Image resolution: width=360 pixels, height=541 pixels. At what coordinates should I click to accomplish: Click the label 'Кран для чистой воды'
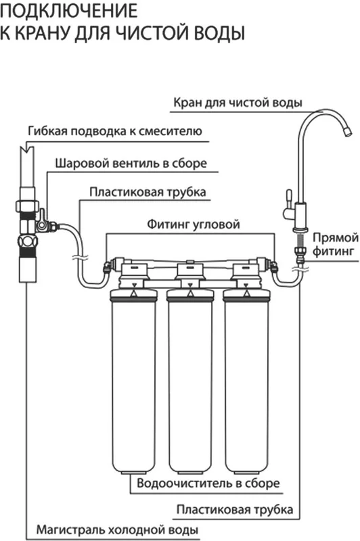pyautogui.click(x=238, y=103)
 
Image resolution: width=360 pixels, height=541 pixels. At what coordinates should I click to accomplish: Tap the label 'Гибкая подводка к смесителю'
pyautogui.click(x=115, y=131)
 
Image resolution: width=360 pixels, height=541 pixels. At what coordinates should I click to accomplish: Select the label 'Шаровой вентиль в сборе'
pyautogui.click(x=131, y=163)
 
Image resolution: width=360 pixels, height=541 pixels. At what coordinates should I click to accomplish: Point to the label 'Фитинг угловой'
pyautogui.click(x=194, y=225)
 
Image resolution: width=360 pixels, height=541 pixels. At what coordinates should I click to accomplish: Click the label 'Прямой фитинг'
pyautogui.click(x=336, y=244)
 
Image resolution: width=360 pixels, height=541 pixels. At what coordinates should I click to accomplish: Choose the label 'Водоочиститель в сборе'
pyautogui.click(x=208, y=483)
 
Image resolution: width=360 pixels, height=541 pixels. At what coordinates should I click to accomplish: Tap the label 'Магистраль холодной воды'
pyautogui.click(x=117, y=530)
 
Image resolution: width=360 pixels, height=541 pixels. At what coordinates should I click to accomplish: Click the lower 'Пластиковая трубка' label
pyautogui.click(x=235, y=509)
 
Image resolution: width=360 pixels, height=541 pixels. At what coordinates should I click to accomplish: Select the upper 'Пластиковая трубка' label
pyautogui.click(x=148, y=192)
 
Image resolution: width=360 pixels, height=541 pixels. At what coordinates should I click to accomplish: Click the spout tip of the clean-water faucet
pyautogui.click(x=348, y=132)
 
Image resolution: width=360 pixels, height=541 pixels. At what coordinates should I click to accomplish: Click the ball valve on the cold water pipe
pyautogui.click(x=43, y=222)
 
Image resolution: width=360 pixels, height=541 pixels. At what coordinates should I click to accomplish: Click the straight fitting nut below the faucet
pyautogui.click(x=299, y=251)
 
